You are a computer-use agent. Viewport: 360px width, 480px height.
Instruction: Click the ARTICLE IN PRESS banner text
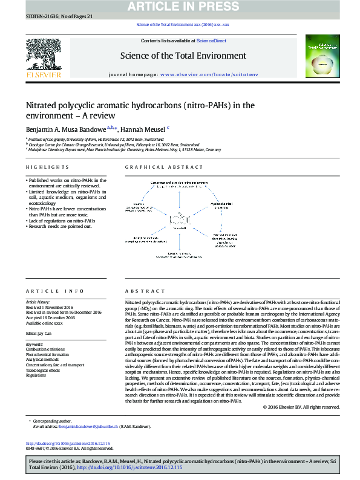point(180,7)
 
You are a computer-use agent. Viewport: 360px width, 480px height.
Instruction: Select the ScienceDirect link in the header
point(212,41)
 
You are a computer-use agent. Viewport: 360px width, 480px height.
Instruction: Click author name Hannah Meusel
point(143,129)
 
